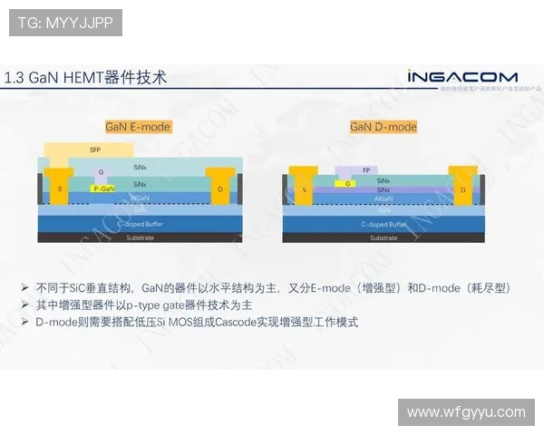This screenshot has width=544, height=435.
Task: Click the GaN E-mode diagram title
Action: (x=138, y=127)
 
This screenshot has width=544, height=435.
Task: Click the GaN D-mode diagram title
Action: (x=384, y=127)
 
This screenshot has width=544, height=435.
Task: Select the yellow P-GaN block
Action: (x=103, y=188)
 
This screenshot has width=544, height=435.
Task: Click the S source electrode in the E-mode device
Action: (x=60, y=188)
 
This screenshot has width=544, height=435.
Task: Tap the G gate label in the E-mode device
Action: (x=102, y=171)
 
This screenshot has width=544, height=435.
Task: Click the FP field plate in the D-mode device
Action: (x=365, y=169)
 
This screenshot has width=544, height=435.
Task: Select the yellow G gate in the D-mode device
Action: (x=348, y=183)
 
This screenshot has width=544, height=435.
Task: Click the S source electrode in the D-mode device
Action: (x=304, y=189)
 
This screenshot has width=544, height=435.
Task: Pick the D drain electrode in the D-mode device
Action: (x=463, y=189)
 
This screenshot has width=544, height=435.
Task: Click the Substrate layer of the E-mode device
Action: (x=140, y=237)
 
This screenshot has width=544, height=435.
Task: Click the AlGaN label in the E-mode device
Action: (x=141, y=197)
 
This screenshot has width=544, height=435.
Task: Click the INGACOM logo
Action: (x=461, y=77)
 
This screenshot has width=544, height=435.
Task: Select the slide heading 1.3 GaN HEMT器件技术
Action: (x=86, y=78)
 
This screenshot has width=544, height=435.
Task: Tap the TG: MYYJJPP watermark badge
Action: (x=65, y=23)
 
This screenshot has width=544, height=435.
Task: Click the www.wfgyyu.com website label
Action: (x=466, y=411)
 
